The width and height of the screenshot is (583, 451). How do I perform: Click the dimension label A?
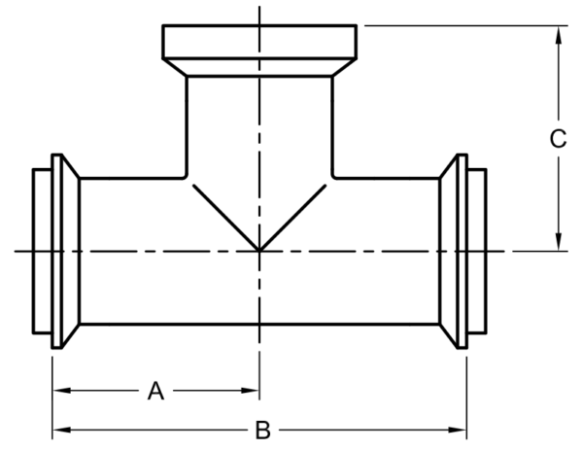(155, 391)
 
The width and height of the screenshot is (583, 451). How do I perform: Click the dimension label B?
(263, 431)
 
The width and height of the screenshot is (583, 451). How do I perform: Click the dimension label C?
(558, 139)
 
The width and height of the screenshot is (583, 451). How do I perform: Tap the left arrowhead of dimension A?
(62, 391)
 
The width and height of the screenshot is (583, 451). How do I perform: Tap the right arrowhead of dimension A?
(250, 391)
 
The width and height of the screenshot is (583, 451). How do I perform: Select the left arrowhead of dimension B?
(62, 431)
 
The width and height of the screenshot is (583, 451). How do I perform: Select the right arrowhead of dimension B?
(458, 431)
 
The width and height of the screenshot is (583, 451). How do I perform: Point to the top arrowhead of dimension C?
(558, 35)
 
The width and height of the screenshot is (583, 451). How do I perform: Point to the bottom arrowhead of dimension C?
(558, 242)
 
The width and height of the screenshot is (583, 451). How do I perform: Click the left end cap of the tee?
(42, 252)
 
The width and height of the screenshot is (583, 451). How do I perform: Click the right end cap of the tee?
(477, 252)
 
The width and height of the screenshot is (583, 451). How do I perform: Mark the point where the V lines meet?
(259, 250)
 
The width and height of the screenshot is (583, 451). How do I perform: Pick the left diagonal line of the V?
(226, 218)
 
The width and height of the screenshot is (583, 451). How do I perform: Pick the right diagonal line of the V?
(293, 218)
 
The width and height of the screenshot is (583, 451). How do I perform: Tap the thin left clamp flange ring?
(56, 252)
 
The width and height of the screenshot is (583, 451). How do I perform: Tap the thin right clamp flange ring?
(463, 252)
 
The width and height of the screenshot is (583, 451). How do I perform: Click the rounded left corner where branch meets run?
(186, 177)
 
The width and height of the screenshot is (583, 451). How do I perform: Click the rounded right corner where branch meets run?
(333, 177)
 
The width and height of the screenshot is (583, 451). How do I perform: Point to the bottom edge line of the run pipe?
(259, 325)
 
